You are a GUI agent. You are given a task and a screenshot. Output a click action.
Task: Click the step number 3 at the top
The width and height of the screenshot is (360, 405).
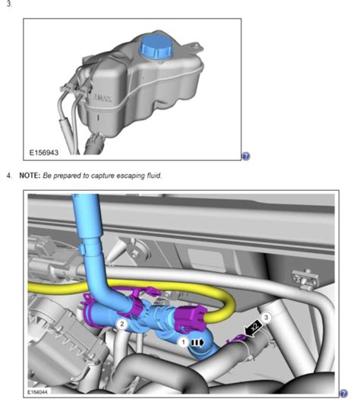pyautogui.click(x=8, y=5)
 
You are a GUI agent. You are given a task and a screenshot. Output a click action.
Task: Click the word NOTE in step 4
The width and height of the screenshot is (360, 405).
pyautogui.click(x=30, y=176)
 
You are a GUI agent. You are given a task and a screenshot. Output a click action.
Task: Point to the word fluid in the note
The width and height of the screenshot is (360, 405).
pyautogui.click(x=152, y=176)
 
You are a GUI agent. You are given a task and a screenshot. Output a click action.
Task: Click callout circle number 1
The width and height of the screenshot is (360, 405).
pyautogui.click(x=184, y=343)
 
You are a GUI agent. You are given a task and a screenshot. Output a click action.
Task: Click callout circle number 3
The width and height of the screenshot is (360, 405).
pyautogui.click(x=266, y=317)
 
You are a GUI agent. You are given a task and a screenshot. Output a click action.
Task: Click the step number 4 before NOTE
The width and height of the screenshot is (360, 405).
pyautogui.click(x=8, y=176)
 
